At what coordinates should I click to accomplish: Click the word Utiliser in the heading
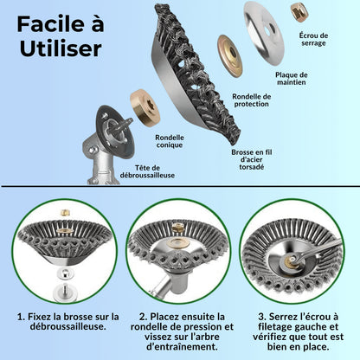[x=61, y=48]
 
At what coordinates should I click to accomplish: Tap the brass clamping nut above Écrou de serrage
[x=299, y=11]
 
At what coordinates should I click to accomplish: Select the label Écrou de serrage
[x=313, y=39]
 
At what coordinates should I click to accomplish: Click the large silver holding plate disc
[x=264, y=32]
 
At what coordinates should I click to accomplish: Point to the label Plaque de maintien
[x=292, y=79]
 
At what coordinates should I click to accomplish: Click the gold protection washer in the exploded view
[x=230, y=56]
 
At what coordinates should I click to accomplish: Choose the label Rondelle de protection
[x=252, y=100]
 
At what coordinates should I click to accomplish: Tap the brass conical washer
[x=145, y=106]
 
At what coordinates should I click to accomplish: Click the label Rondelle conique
[x=170, y=141]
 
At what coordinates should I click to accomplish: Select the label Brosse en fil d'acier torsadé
[x=252, y=159]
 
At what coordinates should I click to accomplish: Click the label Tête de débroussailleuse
[x=147, y=171]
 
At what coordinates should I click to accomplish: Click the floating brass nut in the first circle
[x=66, y=213]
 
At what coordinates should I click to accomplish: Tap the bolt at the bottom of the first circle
[x=65, y=292]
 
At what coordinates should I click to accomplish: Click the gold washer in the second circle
[x=179, y=243]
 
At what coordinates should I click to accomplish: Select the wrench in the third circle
[x=313, y=252]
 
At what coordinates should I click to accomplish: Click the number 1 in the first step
[x=21, y=317]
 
